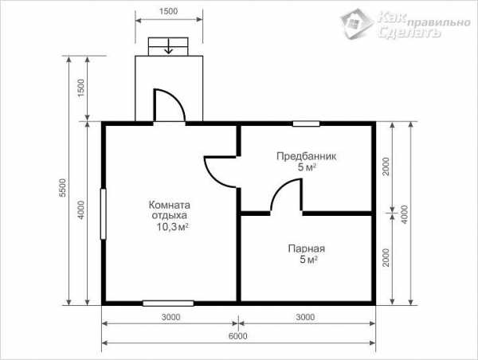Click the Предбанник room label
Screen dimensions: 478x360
click(307, 156)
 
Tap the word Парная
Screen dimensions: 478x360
click(307, 248)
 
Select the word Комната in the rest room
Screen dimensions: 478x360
click(169, 205)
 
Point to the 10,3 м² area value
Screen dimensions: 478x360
click(172, 227)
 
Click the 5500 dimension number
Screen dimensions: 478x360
click(62, 188)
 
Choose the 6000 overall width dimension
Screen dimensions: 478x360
click(238, 336)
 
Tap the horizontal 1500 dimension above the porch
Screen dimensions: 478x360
click(168, 11)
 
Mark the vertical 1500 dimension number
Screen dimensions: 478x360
click(80, 88)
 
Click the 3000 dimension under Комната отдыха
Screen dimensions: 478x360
click(170, 317)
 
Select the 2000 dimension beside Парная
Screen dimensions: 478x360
click(386, 257)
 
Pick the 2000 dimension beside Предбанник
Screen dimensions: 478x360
click(386, 166)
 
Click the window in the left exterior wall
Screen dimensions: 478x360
click(104, 214)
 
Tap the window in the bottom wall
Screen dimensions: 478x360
click(168, 303)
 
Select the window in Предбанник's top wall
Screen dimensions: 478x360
click(306, 123)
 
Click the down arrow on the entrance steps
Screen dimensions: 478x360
click(168, 47)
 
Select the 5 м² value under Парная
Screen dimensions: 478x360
click(308, 260)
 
